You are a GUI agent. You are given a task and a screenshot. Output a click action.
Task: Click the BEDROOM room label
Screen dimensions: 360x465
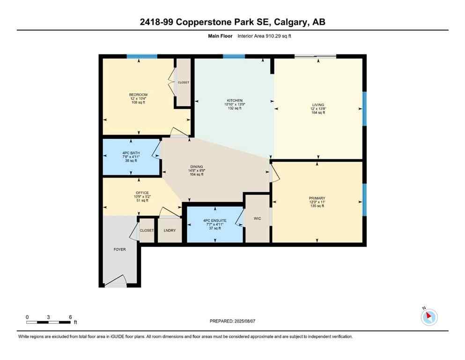click(138, 95)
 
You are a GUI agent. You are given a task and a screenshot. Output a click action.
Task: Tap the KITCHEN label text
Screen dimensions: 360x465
click(235, 101)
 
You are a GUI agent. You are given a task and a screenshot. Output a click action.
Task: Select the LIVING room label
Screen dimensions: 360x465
click(318, 105)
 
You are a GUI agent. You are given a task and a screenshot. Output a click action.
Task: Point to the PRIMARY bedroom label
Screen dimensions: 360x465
click(317, 198)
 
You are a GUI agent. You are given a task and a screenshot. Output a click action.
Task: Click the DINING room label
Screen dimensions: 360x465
click(197, 167)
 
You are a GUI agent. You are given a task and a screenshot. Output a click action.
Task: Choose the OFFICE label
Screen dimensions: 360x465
click(142, 193)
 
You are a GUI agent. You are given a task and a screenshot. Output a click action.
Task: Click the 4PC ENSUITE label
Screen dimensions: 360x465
click(214, 220)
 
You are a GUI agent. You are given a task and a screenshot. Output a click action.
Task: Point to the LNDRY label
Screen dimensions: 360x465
click(169, 231)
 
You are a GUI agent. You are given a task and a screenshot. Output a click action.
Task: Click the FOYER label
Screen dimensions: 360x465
click(119, 249)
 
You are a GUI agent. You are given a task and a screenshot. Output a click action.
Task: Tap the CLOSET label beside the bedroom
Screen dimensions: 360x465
click(183, 82)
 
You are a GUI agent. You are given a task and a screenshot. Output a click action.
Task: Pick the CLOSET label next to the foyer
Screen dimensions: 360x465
click(147, 231)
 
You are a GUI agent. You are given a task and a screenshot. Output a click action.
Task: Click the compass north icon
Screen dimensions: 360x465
click(429, 317)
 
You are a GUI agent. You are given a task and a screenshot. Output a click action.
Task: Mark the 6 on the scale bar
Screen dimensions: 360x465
click(70, 317)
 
